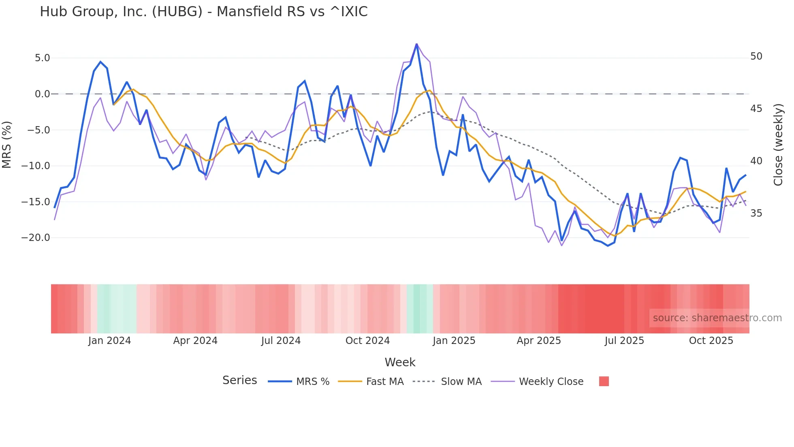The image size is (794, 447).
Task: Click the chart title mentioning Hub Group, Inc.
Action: pyautogui.click(x=203, y=12)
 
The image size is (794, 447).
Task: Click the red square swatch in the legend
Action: pyautogui.click(x=604, y=381)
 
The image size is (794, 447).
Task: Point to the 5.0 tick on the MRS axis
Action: pyautogui.click(x=42, y=58)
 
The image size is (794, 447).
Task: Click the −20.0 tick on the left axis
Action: pyautogui.click(x=36, y=238)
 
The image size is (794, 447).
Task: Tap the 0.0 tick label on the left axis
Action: pyautogui.click(x=42, y=94)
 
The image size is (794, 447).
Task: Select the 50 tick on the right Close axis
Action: pyautogui.click(x=756, y=56)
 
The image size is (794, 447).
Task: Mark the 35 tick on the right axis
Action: pyautogui.click(x=756, y=213)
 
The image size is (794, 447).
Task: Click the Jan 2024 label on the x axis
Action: pyautogui.click(x=109, y=341)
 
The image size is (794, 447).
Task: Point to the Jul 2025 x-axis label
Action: pyautogui.click(x=624, y=341)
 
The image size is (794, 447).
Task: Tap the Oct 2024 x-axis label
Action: pyautogui.click(x=367, y=341)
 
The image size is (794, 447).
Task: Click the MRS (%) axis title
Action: pyautogui.click(x=7, y=145)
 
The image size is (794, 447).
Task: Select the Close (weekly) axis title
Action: pyautogui.click(x=778, y=145)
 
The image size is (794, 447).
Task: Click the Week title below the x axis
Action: pyautogui.click(x=400, y=362)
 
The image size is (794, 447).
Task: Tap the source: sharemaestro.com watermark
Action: pyautogui.click(x=717, y=318)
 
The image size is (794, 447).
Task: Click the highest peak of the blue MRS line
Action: pyautogui.click(x=416, y=44)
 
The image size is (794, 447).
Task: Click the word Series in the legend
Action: pyautogui.click(x=239, y=380)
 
